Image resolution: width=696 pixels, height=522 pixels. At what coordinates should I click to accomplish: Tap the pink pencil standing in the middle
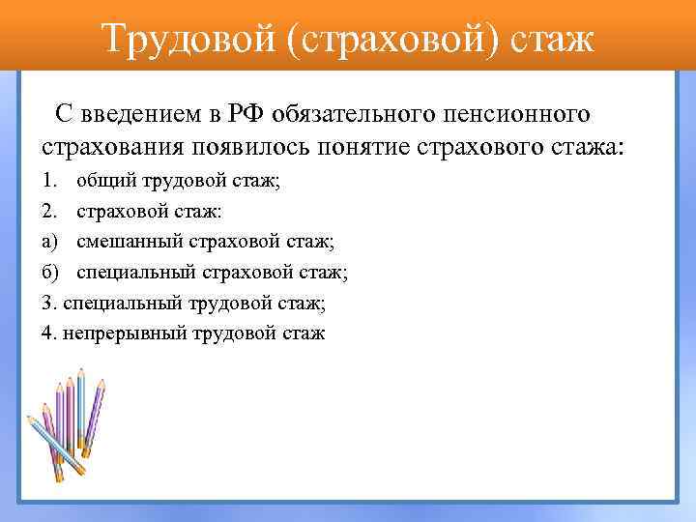[x=70, y=416]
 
